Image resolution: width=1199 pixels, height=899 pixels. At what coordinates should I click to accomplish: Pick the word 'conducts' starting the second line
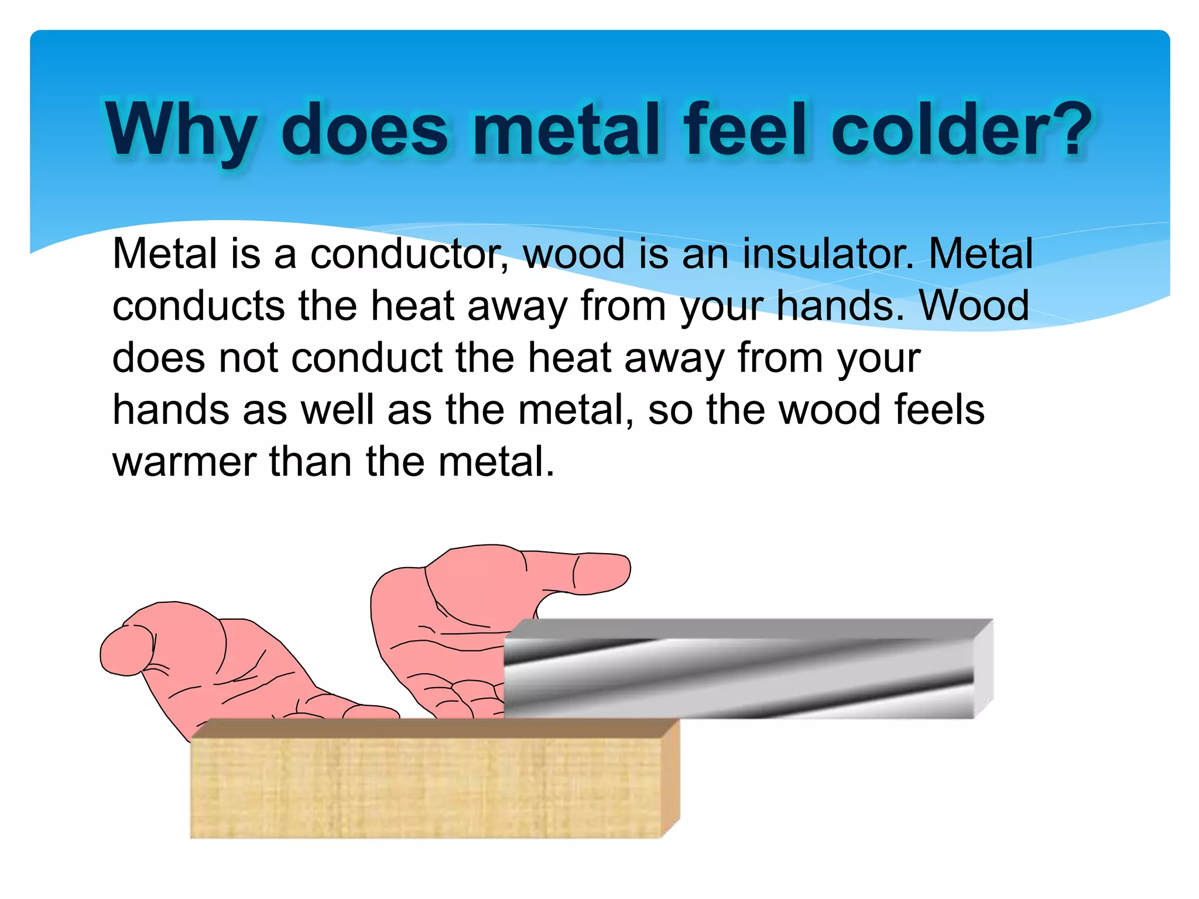click(198, 306)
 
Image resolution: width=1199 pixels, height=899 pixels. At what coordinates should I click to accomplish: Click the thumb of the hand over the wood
click(126, 650)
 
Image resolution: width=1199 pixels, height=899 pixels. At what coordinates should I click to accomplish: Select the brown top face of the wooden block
click(433, 728)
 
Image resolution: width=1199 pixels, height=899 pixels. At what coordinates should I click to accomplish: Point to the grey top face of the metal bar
click(749, 628)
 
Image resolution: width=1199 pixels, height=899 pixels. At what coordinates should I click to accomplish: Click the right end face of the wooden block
click(670, 778)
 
